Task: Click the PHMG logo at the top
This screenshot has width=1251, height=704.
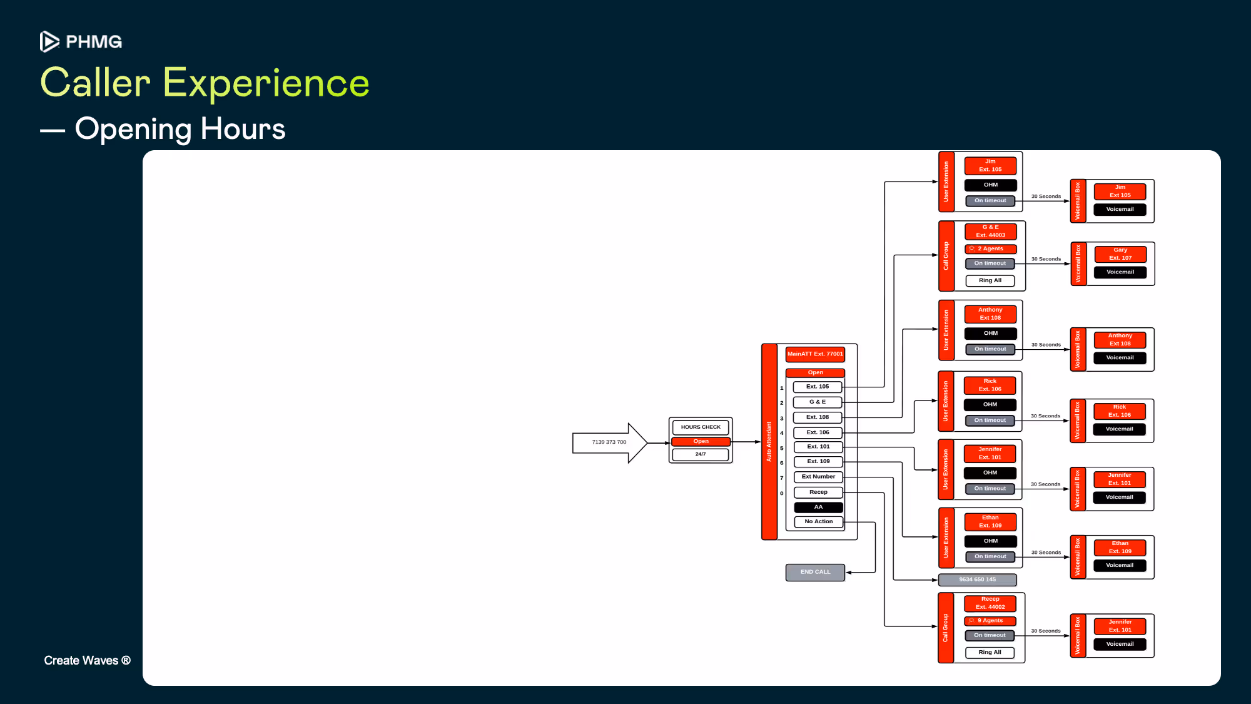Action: (x=81, y=41)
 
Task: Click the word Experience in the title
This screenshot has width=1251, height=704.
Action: (x=266, y=83)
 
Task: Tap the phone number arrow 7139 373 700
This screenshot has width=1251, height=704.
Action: (x=609, y=442)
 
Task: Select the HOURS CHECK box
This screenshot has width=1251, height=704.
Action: (x=701, y=427)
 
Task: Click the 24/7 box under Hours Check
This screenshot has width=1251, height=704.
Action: (x=701, y=454)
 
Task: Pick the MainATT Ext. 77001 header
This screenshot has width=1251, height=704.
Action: (x=815, y=354)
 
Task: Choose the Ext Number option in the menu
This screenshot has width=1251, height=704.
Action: (x=818, y=477)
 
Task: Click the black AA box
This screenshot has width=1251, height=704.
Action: (x=818, y=507)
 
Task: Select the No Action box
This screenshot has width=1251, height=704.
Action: (x=818, y=521)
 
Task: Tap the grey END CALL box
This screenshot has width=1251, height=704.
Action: (x=815, y=572)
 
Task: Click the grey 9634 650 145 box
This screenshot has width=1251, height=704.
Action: (x=977, y=579)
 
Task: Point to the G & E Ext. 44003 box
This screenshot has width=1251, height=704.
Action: (x=990, y=232)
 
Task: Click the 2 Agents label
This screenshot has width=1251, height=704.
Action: (x=990, y=249)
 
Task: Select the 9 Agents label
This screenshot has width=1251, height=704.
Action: (x=990, y=621)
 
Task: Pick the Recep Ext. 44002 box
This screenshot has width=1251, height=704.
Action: (x=990, y=603)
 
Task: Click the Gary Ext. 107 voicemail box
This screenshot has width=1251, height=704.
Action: (x=1120, y=254)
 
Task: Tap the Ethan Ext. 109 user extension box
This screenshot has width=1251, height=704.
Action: (x=990, y=522)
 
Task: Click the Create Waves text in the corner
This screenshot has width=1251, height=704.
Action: (x=87, y=661)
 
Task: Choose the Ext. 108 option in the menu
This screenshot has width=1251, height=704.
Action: (x=818, y=417)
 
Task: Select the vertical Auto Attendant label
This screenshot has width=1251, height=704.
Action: (x=769, y=442)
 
